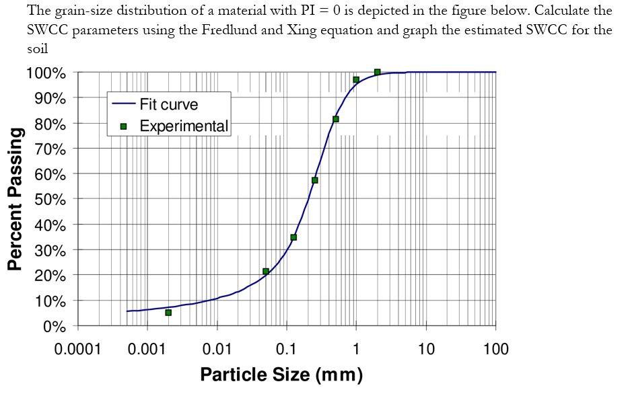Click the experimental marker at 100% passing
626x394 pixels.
pos(377,72)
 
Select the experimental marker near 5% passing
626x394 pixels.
pos(168,313)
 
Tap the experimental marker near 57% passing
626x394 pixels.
pos(314,180)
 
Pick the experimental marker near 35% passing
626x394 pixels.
pos(293,237)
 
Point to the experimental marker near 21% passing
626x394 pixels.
pos(266,272)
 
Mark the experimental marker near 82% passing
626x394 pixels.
pos(335,119)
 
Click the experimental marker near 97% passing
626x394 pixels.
pos(356,80)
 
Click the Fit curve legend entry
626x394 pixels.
pos(168,105)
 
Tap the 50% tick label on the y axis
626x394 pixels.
pos(46,200)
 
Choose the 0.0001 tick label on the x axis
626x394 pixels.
pos(77,349)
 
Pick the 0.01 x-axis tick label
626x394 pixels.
pos(217,349)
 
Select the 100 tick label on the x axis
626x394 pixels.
pos(495,349)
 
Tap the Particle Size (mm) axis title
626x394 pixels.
pos(281,375)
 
